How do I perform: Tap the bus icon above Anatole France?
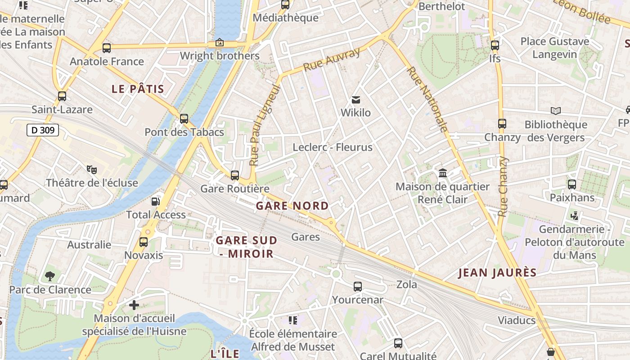pyautogui.click(x=107, y=48)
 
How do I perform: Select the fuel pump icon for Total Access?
pyautogui.click(x=156, y=202)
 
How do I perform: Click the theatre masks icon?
pyautogui.click(x=92, y=170)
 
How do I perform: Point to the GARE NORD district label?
pyautogui.click(x=292, y=206)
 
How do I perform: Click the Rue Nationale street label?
pyautogui.click(x=427, y=99)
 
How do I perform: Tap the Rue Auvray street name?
pyautogui.click(x=332, y=60)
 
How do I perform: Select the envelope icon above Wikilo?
pyautogui.click(x=356, y=99)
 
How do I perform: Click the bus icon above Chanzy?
pyautogui.click(x=502, y=124)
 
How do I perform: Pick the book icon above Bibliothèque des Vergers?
pyautogui.click(x=556, y=111)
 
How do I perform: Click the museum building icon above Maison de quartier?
pyautogui.click(x=443, y=173)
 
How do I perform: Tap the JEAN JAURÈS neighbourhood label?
pyautogui.click(x=497, y=273)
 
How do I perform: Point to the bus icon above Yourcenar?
pyautogui.click(x=358, y=286)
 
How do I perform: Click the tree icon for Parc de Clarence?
pyautogui.click(x=50, y=276)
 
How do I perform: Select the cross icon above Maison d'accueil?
pyautogui.click(x=134, y=305)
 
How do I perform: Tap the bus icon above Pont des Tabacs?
pyautogui.click(x=184, y=119)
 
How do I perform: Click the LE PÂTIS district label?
pyautogui.click(x=138, y=89)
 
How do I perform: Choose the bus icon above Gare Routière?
pyautogui.click(x=235, y=175)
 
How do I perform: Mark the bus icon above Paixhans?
pyautogui.click(x=572, y=184)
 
